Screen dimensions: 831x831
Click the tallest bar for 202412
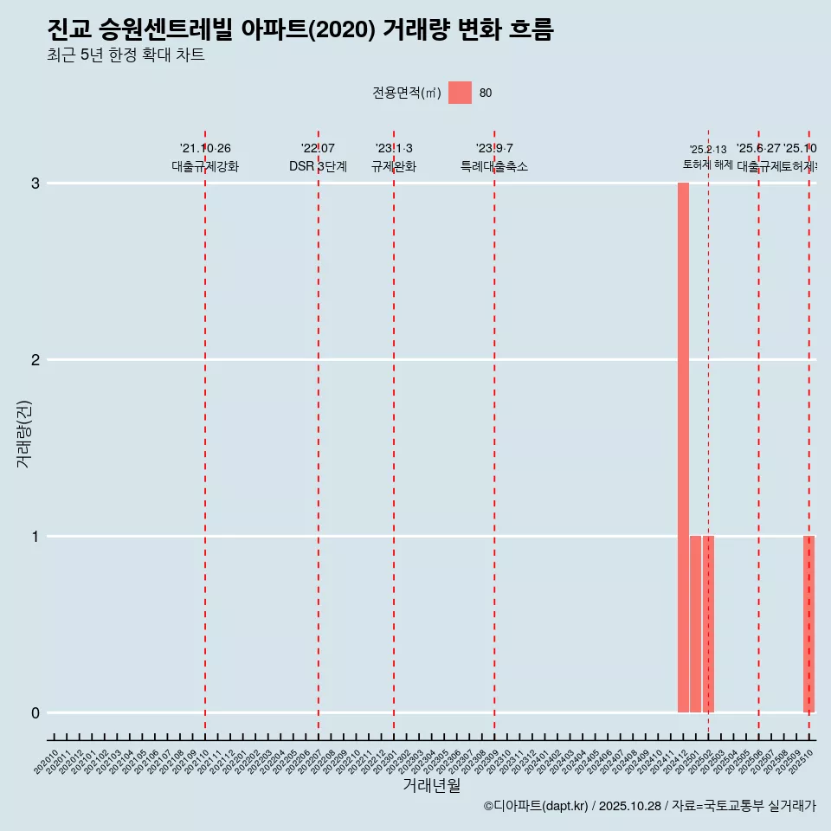click(683, 448)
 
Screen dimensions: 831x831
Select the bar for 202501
click(695, 624)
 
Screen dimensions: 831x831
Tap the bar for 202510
click(808, 624)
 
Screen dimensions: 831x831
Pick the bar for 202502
click(708, 624)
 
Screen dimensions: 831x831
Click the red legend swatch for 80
click(460, 93)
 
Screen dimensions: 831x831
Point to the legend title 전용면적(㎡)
click(407, 93)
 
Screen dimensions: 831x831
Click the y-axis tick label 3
click(35, 184)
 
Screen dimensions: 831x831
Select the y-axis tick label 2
click(35, 360)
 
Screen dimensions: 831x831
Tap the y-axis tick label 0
click(35, 713)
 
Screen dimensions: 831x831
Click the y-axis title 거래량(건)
click(24, 434)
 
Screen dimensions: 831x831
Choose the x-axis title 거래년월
click(431, 785)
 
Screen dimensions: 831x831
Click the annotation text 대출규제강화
click(205, 166)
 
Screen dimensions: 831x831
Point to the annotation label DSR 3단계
click(318, 166)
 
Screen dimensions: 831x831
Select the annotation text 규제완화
click(394, 166)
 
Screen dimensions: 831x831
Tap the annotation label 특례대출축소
click(494, 166)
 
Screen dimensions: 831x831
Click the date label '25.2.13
click(708, 150)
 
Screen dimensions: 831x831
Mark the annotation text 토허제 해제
click(708, 164)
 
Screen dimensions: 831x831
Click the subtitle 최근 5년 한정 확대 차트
click(126, 56)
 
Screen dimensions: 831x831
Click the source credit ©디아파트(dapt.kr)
click(536, 806)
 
